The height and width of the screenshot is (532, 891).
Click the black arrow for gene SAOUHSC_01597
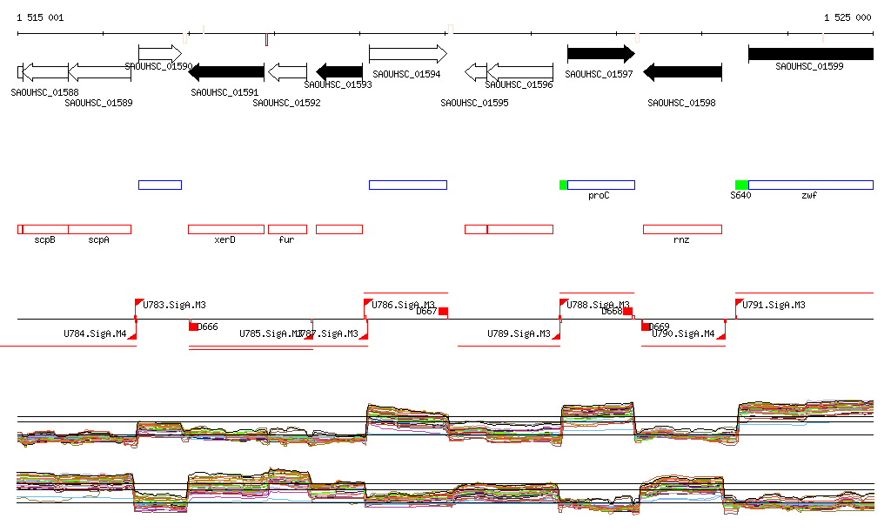pos(600,54)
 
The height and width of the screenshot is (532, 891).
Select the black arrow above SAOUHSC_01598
pos(682,72)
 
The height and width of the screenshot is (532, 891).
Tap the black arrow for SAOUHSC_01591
pos(225,72)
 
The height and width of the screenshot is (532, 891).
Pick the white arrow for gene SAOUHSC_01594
pos(407,54)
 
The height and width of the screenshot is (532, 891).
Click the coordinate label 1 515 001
pos(40,17)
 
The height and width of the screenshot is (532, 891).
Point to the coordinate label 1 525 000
pos(847,17)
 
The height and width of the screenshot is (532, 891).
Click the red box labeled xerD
pos(225,229)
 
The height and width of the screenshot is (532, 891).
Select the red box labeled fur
pos(287,229)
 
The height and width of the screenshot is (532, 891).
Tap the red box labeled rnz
pos(682,229)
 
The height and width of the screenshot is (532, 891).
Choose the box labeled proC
pos(600,185)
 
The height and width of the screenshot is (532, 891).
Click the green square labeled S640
pos(741,185)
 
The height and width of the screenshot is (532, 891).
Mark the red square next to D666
pos(194,327)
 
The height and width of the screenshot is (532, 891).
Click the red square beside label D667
pos(443,311)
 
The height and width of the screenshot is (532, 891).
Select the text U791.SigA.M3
pos(772,305)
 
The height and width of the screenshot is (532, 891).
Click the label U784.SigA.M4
pos(95,333)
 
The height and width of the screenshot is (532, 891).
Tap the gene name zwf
pos(809,196)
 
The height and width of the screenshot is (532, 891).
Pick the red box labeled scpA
pos(99,229)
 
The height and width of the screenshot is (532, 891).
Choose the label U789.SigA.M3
pos(519,333)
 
